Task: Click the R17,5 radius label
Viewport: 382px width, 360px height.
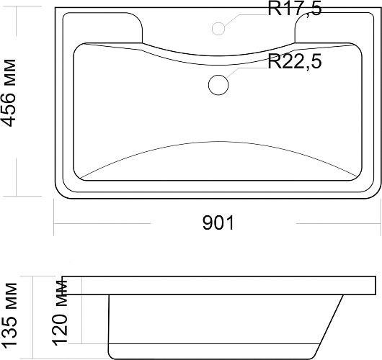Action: pos(295,9)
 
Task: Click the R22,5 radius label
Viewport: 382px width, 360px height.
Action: pos(295,61)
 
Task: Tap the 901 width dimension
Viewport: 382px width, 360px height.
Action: pos(218,222)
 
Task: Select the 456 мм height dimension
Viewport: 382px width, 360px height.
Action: pos(9,93)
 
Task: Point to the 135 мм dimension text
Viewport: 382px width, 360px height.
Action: pos(9,315)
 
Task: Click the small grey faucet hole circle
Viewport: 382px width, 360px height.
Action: pos(218,29)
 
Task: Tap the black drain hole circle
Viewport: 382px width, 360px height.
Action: pos(218,85)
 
